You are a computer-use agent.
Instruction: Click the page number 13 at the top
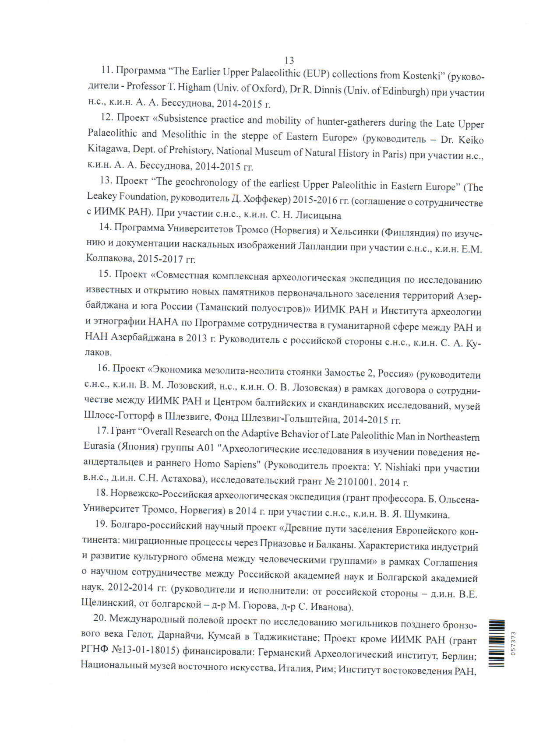289,60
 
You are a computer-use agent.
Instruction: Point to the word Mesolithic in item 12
184,134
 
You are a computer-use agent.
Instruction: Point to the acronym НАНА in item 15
163,322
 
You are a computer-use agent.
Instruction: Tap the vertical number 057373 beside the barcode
513,643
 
